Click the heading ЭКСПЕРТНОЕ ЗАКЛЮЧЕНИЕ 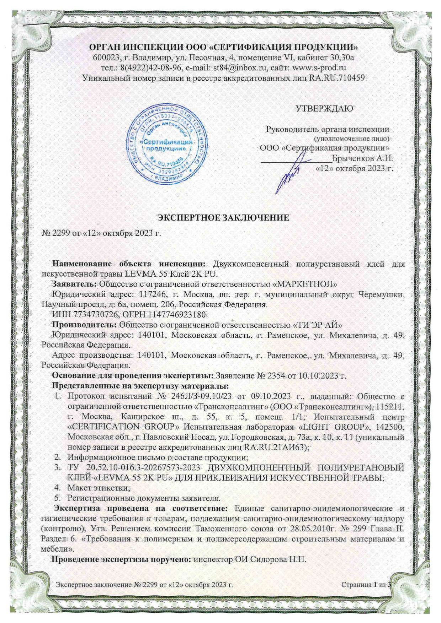(x=223, y=218)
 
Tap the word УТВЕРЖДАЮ (x=325, y=109)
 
